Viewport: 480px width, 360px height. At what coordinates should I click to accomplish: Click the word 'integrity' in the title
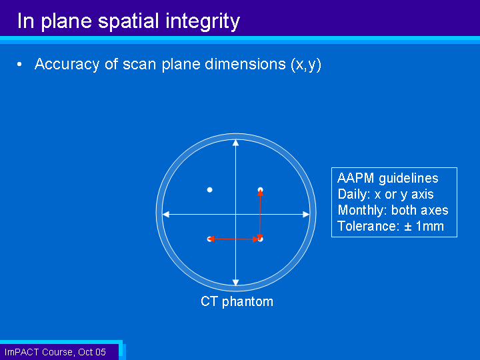pos(203,22)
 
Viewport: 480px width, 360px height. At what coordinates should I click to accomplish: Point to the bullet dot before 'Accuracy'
pos(19,64)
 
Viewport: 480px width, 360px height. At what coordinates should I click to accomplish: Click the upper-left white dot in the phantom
pos(210,190)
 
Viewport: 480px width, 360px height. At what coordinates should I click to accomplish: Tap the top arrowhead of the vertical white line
pos(236,143)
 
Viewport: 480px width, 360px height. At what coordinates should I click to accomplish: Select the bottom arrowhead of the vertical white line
pos(236,283)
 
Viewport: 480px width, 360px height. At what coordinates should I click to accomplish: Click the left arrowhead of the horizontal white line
pos(165,214)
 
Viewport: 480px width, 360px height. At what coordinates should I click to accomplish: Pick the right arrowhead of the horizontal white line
pos(306,214)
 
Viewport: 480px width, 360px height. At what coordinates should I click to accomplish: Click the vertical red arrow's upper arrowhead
pos(260,192)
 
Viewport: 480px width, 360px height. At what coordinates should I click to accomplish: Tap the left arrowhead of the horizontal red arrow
pos(211,239)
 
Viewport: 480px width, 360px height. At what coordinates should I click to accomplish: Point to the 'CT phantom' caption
pos(237,301)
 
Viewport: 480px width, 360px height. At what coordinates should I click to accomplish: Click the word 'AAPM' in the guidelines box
pos(355,178)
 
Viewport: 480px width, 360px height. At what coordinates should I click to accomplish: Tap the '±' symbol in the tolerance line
pos(408,227)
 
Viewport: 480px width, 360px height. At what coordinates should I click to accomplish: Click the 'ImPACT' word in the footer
pos(22,352)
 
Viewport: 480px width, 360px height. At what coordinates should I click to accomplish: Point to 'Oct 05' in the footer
pos(92,352)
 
